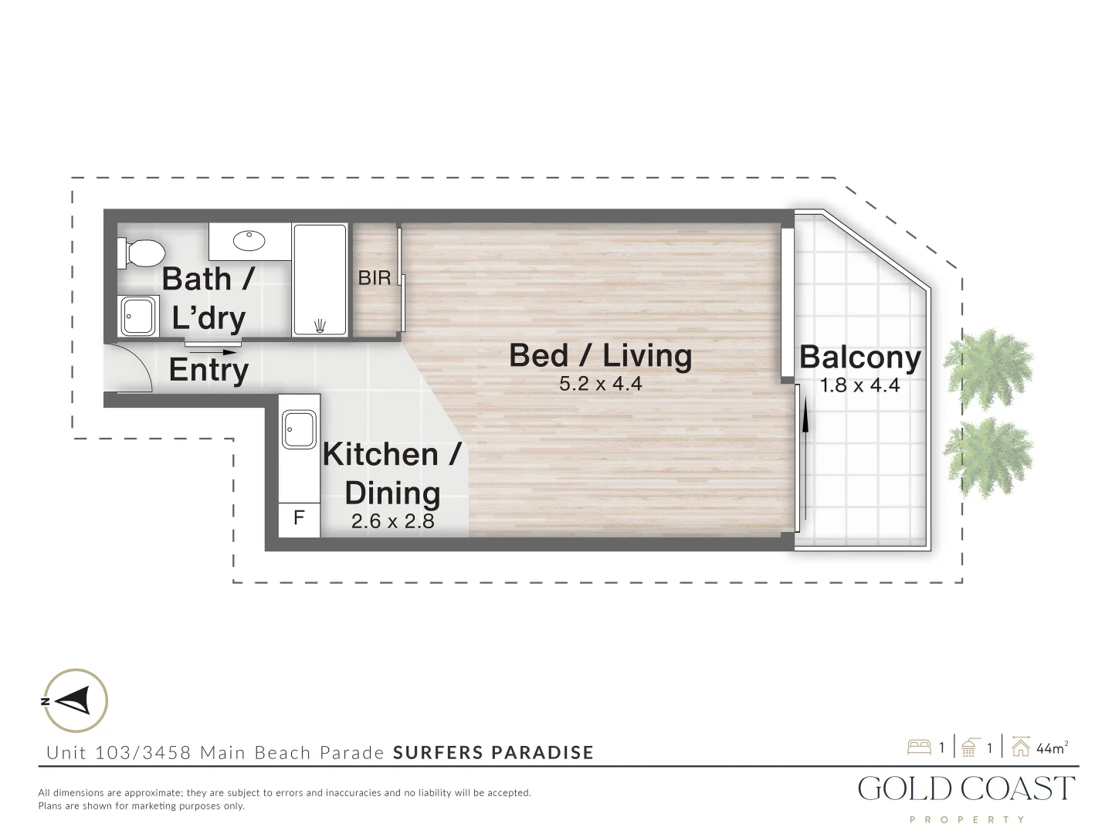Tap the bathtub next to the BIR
(320, 280)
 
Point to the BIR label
(375, 278)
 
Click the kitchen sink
(299, 429)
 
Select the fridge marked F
(299, 518)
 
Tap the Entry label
(208, 369)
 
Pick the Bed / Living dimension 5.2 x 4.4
(601, 384)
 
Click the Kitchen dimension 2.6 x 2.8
(392, 521)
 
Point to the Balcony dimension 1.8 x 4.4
(859, 385)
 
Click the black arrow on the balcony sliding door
(805, 421)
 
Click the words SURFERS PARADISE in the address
(493, 752)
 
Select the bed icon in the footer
(919, 748)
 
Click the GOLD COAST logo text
(966, 788)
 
